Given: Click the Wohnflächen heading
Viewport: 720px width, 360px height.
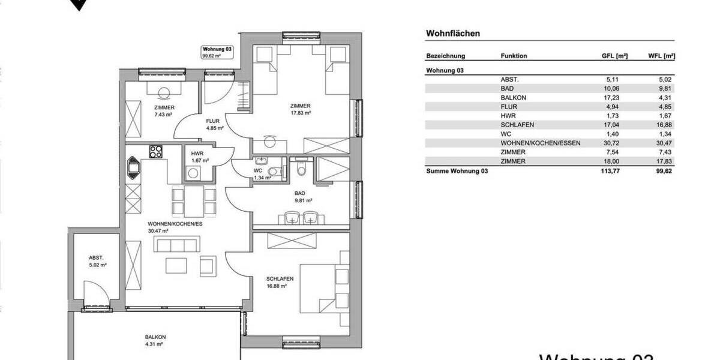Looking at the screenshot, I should pos(452,34).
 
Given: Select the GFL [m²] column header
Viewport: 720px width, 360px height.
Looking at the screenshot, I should pos(614,56).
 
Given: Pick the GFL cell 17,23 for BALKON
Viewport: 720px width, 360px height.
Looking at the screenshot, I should pos(617,97).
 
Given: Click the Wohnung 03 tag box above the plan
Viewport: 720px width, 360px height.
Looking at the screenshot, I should pos(217,52).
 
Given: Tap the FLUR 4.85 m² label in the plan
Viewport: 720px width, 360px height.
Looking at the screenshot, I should pos(212,124).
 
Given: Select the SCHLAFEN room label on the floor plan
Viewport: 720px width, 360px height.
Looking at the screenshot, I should pos(279,283).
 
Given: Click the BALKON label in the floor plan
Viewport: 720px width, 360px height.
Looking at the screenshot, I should pos(155,340).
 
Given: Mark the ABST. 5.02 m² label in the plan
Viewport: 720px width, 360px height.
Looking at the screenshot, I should pos(97,260).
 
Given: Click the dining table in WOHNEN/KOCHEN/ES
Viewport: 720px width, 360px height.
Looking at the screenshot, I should pos(193,201).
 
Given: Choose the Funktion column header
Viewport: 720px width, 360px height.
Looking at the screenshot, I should pos(514,56).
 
